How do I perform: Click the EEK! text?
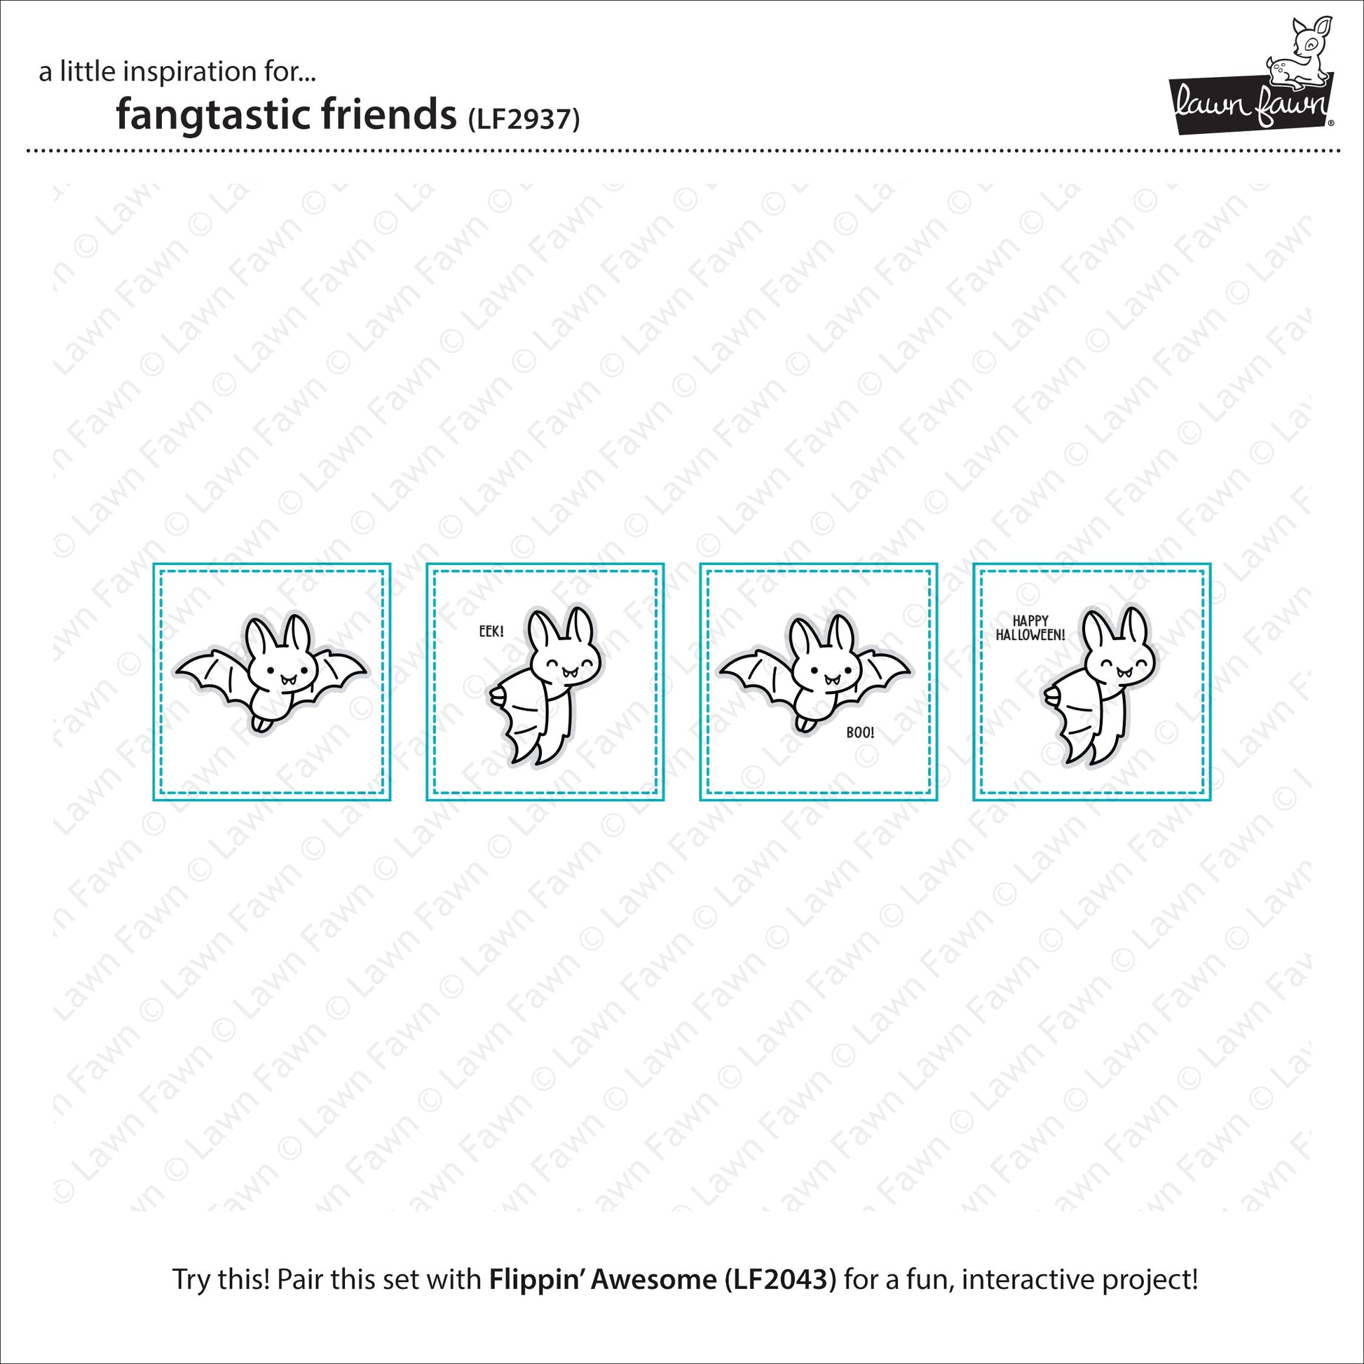coord(491,630)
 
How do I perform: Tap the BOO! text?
coord(860,733)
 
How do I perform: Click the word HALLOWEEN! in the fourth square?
coord(1031,636)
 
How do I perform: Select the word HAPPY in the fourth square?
coord(1031,621)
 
